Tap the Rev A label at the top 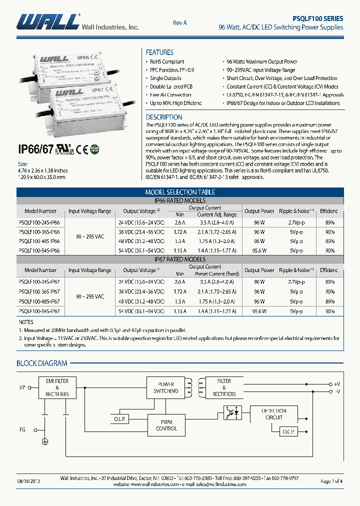click(179, 23)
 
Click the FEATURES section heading click(159, 52)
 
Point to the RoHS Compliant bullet click(167, 62)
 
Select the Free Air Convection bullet click(170, 95)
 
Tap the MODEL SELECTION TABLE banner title click(180, 192)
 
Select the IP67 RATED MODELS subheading click(180, 259)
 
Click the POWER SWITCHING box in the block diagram click(165, 388)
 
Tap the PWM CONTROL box click(166, 425)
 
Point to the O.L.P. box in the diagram click(120, 418)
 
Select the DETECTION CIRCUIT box click(274, 414)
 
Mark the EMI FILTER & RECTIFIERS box click(57, 387)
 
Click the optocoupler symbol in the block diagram click(232, 413)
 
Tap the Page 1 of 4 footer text click(331, 481)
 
